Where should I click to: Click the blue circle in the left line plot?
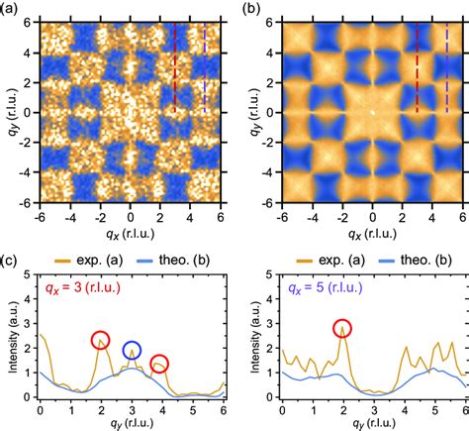click(x=132, y=350)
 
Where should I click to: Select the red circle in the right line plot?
click(x=342, y=330)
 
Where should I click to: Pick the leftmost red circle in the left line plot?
click(x=101, y=341)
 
